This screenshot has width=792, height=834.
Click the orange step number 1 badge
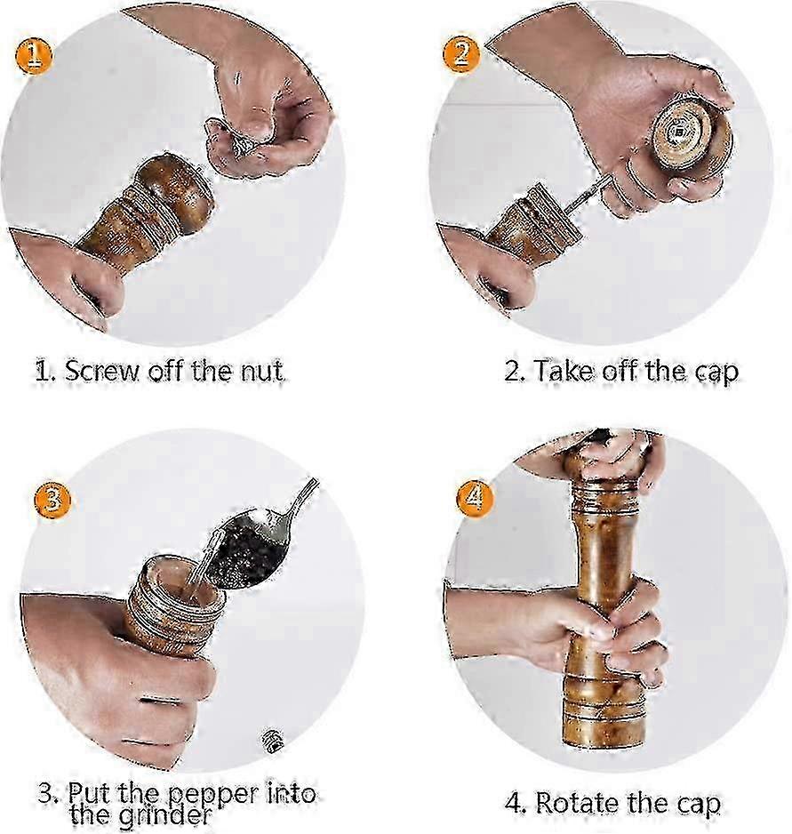pos(34,56)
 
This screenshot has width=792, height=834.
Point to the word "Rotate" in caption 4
pos(577,803)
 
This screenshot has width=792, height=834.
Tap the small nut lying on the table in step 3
pos(272,741)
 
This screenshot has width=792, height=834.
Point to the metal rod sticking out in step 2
pos(588,195)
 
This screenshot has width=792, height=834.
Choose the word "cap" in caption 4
pos(699,805)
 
